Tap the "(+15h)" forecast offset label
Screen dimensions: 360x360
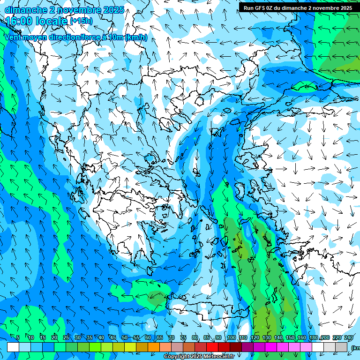point(81,21)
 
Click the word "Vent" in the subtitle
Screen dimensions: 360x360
point(13,37)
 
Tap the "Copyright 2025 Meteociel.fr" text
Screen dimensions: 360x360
point(199,357)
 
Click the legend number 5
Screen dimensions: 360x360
point(17,337)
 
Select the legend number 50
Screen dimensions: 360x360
point(125,337)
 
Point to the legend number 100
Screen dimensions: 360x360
point(231,337)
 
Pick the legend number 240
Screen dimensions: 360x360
point(349,337)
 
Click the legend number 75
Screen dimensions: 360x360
point(183,337)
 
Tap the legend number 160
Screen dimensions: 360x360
point(302,337)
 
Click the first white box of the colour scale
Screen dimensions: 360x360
point(13,347)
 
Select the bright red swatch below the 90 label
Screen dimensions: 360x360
point(212,347)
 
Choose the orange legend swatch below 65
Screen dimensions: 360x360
point(154,347)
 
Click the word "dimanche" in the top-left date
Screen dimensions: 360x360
point(25,9)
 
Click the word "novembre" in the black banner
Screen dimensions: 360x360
point(326,8)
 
